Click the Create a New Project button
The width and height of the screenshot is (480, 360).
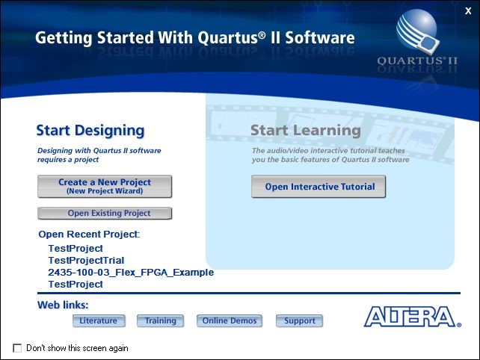(x=105, y=186)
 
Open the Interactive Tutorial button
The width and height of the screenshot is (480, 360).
(x=319, y=187)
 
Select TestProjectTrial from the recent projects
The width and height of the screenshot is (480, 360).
(x=86, y=260)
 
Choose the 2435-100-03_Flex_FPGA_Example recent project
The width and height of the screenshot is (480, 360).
(x=131, y=272)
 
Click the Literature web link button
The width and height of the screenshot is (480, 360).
(x=99, y=321)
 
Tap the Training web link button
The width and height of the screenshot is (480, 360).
(x=161, y=321)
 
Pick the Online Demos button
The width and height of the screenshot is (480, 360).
(x=230, y=321)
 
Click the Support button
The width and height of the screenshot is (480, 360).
(x=300, y=321)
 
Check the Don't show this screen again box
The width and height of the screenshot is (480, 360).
(x=17, y=348)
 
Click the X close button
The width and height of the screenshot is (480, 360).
(x=468, y=10)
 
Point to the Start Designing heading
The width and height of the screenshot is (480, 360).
(x=90, y=131)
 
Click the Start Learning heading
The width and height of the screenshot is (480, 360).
(x=305, y=131)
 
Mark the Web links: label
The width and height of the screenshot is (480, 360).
(x=63, y=305)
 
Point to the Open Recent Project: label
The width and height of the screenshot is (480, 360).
(x=89, y=235)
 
